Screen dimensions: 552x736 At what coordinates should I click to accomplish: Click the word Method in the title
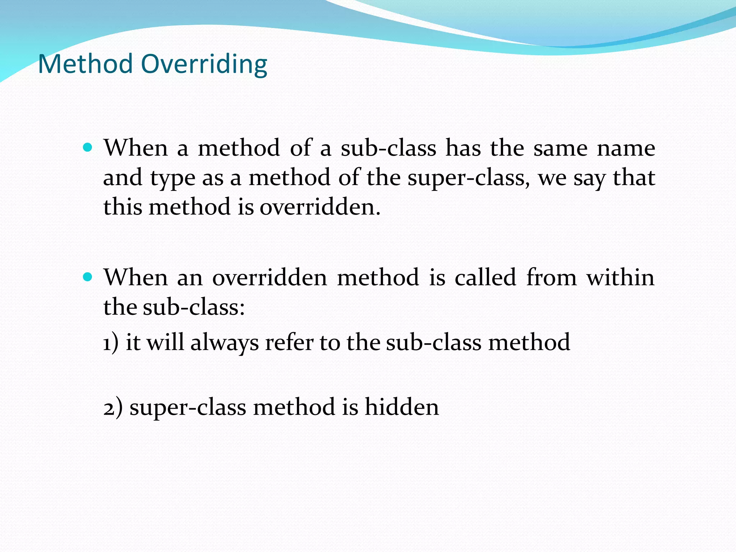tap(85, 64)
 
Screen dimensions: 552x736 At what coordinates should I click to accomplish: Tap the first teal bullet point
tap(87, 147)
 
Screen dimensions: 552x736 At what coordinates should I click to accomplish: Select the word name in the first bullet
tap(626, 148)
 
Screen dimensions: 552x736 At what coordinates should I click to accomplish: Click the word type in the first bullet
tap(172, 179)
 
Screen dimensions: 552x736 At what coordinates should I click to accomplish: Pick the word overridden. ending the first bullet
tap(320, 207)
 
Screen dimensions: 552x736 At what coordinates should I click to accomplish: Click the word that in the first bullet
tap(634, 178)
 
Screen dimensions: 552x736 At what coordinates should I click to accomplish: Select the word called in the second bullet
tap(485, 277)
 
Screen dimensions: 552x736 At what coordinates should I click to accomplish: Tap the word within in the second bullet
tap(620, 277)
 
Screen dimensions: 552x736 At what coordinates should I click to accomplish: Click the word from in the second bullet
tap(551, 277)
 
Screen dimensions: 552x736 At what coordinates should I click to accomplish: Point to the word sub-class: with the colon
tap(194, 307)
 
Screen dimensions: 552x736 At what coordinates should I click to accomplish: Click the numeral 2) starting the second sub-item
tap(112, 408)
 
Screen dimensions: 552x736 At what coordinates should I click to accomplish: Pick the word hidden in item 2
tap(401, 407)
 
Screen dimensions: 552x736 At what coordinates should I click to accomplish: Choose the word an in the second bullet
tap(190, 278)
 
